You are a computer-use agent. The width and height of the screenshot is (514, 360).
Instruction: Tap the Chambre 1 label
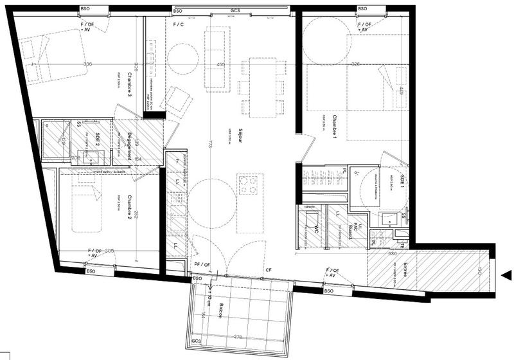point(335,129)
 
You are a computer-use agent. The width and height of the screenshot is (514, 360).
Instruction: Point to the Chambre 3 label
point(129,84)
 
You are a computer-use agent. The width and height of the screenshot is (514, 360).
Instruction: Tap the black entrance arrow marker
point(507,276)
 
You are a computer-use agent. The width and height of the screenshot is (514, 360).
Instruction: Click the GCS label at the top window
point(236,10)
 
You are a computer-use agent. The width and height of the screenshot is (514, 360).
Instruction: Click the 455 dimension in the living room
point(221,65)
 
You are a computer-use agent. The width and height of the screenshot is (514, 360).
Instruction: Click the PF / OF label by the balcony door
point(202,264)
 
